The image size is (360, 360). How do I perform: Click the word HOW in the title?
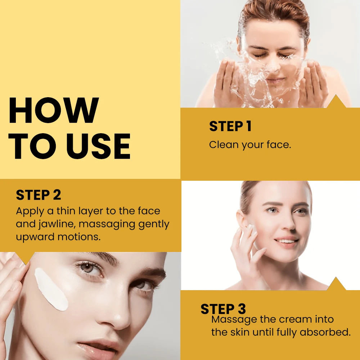(x=54, y=110)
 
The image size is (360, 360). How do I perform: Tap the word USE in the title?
(x=99, y=146)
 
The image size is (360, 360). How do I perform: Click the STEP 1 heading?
(x=230, y=126)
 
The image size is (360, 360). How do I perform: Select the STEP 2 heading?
(x=39, y=195)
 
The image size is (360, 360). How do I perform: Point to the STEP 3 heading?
(x=223, y=309)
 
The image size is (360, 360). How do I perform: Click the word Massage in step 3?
(x=234, y=320)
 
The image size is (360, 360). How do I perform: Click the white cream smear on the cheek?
(x=51, y=289)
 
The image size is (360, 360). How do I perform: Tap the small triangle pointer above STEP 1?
(x=336, y=101)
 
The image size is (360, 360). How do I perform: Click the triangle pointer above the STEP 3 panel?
(x=336, y=284)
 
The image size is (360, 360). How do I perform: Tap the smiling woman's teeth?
(x=286, y=241)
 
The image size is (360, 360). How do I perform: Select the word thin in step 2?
(x=66, y=211)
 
